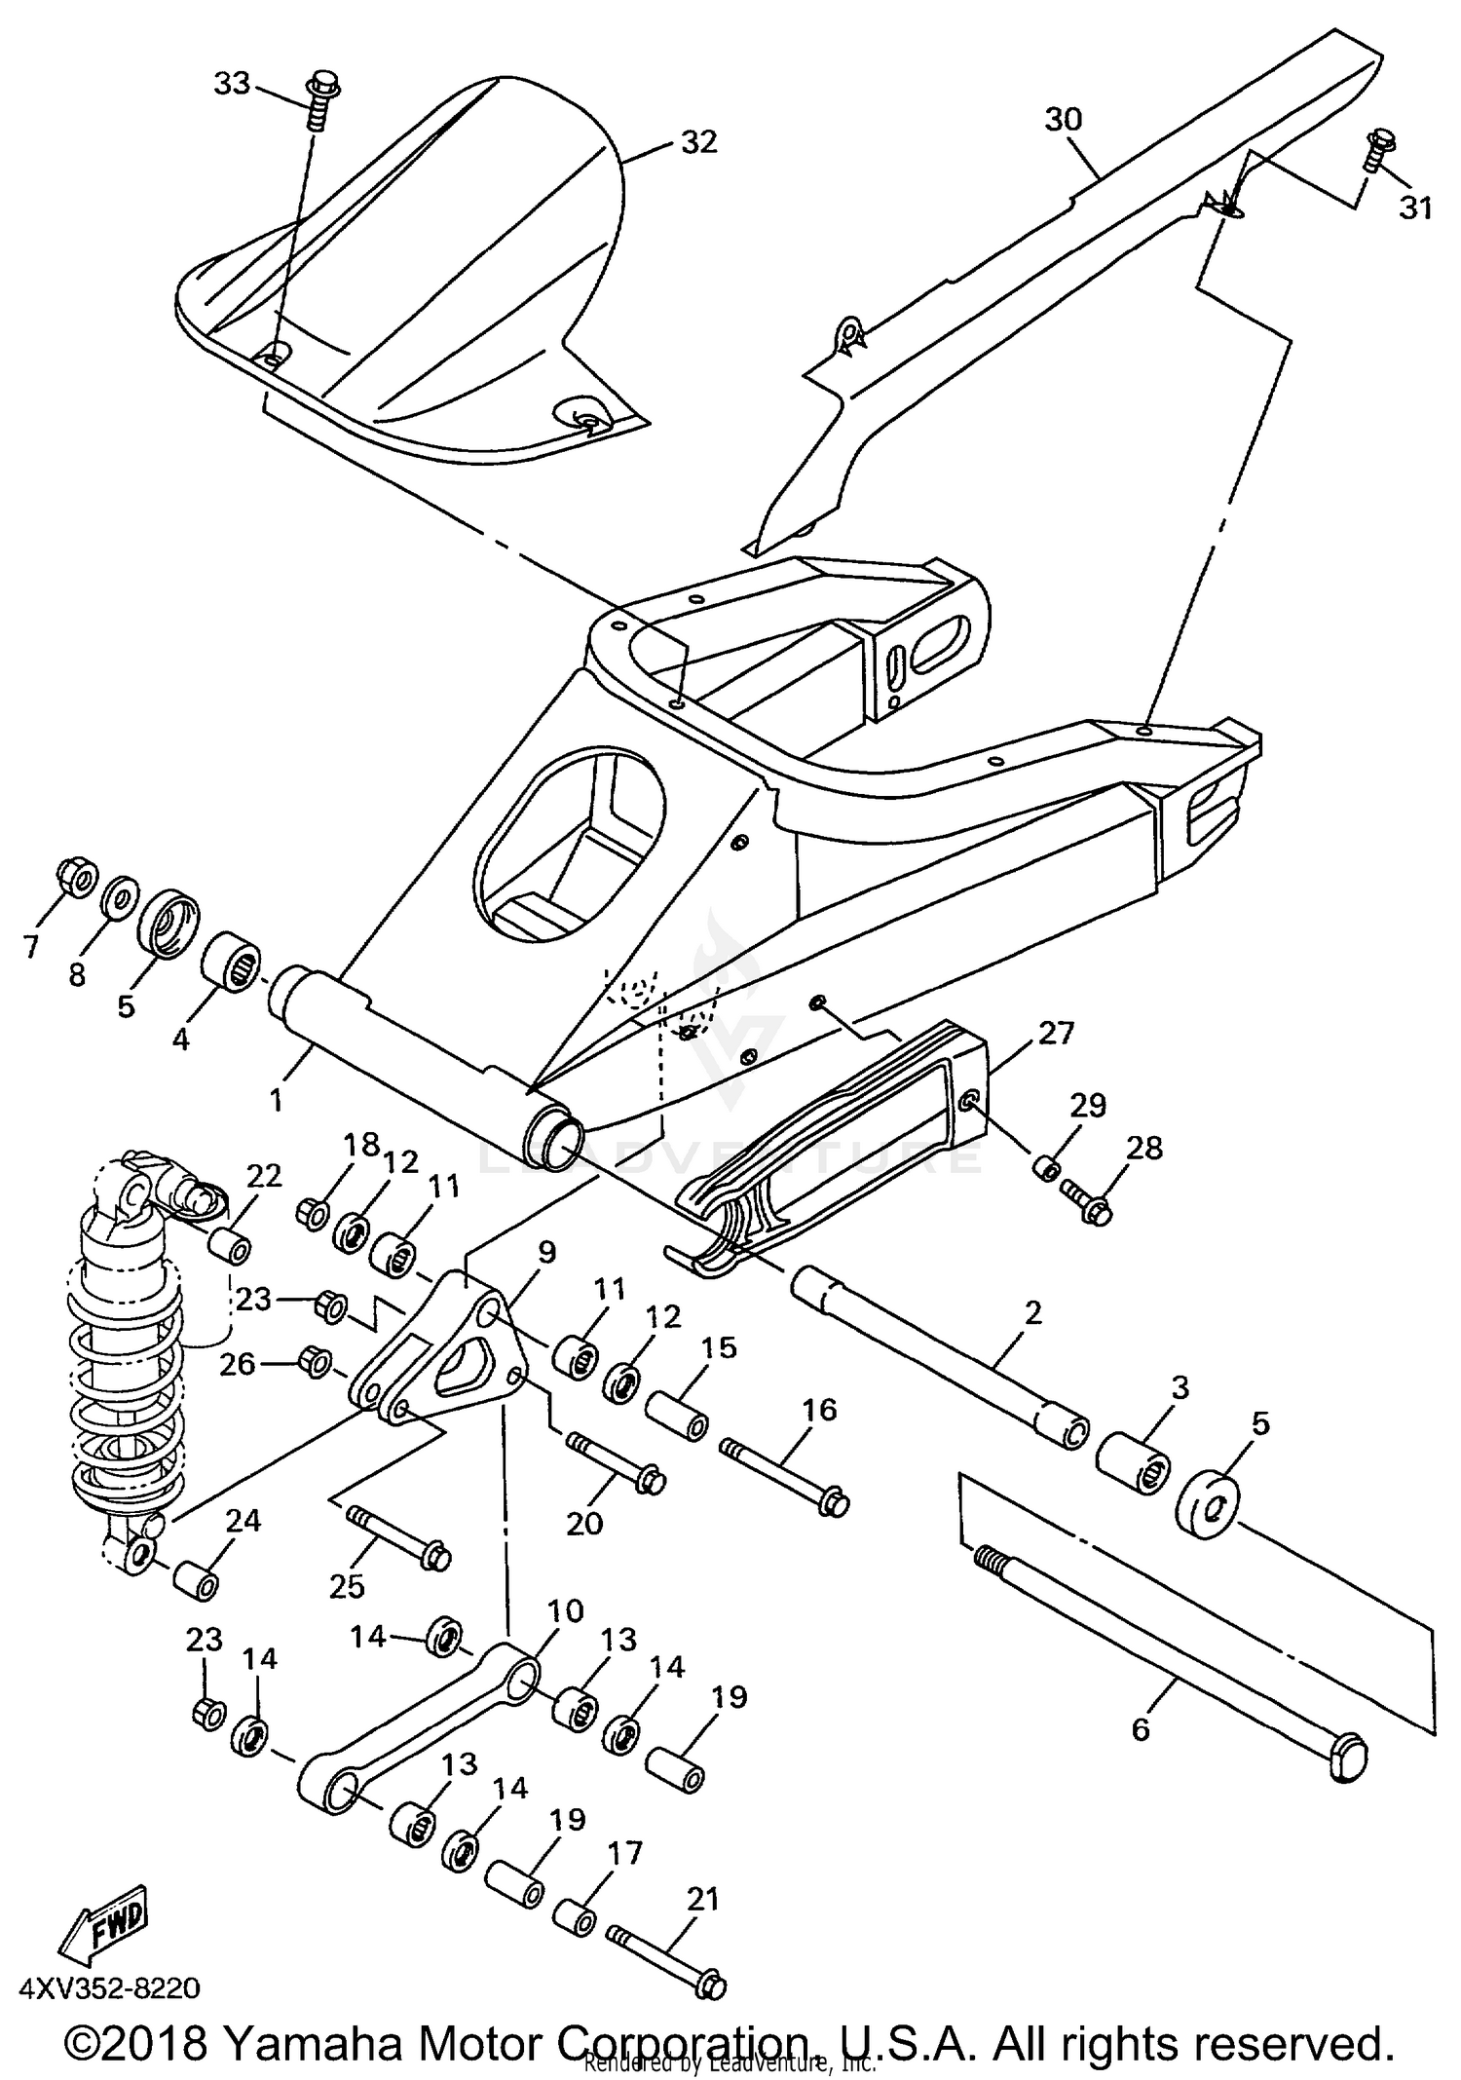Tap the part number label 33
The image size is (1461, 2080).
point(232,85)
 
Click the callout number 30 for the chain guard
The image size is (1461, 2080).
point(1064,120)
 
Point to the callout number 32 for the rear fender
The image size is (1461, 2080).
point(698,142)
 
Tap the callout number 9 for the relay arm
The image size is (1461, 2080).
point(545,1252)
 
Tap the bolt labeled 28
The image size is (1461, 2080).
point(1086,1198)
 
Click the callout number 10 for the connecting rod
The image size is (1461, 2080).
point(565,1610)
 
